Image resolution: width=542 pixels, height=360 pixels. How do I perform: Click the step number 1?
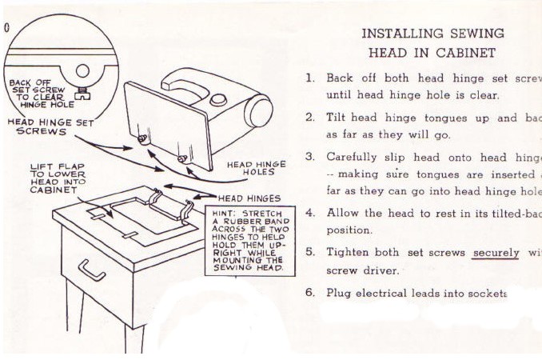[310, 78]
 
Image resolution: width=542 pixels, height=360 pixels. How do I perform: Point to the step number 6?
[310, 292]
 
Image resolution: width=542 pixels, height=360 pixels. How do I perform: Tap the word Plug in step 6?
[339, 292]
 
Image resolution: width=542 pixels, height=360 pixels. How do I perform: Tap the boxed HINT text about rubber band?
[248, 242]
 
